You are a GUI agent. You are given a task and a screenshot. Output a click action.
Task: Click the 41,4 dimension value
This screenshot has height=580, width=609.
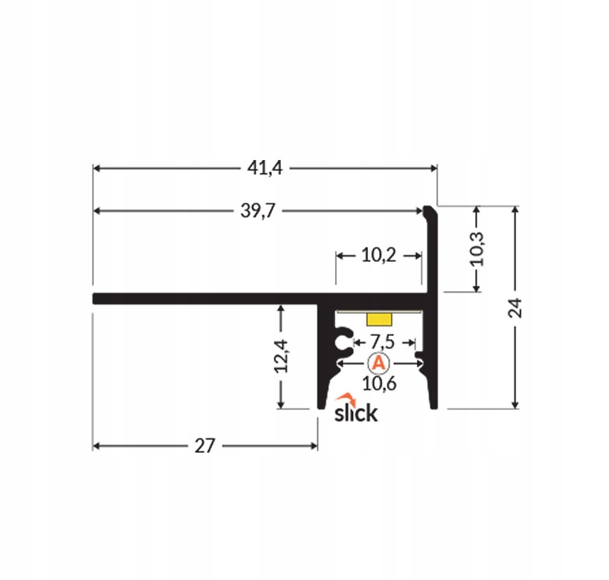pyautogui.click(x=265, y=168)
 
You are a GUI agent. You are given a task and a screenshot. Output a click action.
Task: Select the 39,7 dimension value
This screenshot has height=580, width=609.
pyautogui.click(x=258, y=211)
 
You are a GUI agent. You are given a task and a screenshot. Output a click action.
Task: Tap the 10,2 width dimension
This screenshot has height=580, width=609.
pyautogui.click(x=378, y=255)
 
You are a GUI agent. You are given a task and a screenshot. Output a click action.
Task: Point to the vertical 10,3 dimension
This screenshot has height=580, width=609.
pyautogui.click(x=477, y=248)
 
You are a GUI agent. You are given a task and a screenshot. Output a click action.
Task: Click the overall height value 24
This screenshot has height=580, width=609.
pyautogui.click(x=515, y=308)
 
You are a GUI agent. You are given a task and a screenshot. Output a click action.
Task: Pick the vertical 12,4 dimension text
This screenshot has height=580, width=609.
pyautogui.click(x=281, y=356)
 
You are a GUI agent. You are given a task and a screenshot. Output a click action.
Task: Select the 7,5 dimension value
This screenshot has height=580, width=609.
pyautogui.click(x=382, y=342)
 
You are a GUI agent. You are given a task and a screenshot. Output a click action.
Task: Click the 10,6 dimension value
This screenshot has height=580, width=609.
pyautogui.click(x=379, y=384)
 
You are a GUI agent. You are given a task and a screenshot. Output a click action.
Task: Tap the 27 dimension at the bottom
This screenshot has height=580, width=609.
pyautogui.click(x=204, y=446)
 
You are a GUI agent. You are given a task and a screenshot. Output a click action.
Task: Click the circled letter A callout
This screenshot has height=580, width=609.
pyautogui.click(x=378, y=363)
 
